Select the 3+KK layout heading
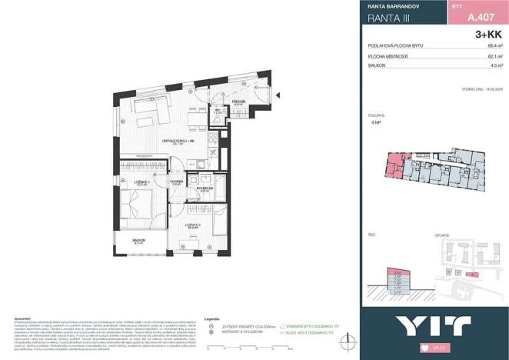489,34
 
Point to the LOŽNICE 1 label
141,182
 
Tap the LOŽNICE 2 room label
193,225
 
